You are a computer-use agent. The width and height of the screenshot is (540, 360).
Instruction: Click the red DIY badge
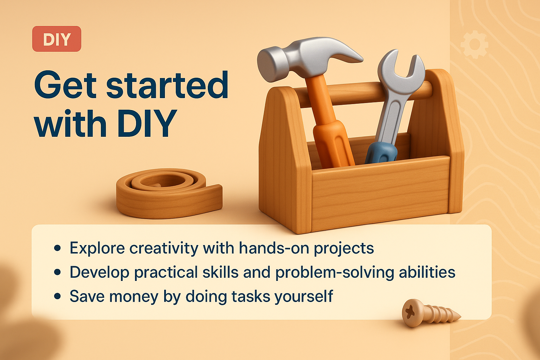coord(57,39)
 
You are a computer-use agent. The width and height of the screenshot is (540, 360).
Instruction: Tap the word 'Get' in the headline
coord(65,85)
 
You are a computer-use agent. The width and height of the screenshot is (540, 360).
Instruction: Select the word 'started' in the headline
coord(167,85)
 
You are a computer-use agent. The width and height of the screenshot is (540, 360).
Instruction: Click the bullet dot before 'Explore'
coord(58,248)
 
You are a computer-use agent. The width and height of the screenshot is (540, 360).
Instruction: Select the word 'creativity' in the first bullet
coord(164,248)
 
